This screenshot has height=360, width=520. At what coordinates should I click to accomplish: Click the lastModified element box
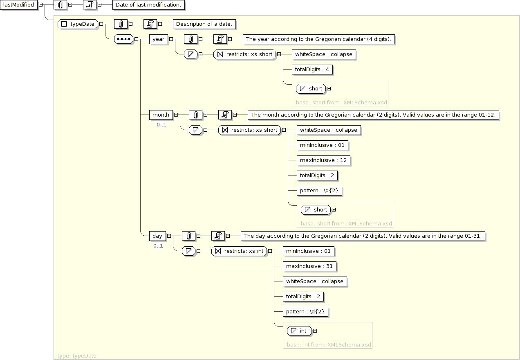pos(18,5)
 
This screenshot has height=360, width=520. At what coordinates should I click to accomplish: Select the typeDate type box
pos(78,24)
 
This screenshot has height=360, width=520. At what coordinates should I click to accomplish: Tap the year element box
pos(158,39)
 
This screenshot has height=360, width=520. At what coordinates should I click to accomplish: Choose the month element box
pos(161,115)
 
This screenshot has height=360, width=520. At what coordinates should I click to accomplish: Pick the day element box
pos(157,236)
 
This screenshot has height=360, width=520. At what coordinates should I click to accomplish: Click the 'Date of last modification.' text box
pos(148,5)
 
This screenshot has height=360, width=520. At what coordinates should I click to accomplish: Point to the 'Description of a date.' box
pos(204,24)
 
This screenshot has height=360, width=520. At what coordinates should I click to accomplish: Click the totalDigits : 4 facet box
pos(312,70)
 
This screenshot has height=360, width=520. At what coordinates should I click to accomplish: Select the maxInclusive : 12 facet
pos(323,160)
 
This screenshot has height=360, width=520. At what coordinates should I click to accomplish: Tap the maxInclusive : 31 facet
pos(309,266)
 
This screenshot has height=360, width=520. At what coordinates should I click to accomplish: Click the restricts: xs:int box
pos(239,251)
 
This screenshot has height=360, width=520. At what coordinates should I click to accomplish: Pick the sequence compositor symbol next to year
pos(123,39)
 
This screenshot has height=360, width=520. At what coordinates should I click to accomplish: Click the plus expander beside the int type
pos(315,331)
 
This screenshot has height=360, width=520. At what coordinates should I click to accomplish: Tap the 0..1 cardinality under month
pos(161,125)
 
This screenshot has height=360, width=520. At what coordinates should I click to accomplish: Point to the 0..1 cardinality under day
pos(158,246)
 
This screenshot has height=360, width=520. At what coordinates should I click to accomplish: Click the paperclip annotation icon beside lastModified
pos(61,5)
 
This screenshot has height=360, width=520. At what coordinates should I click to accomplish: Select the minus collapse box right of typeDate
pos(101,24)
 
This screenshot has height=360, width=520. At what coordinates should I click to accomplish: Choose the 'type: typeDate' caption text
pos(77,356)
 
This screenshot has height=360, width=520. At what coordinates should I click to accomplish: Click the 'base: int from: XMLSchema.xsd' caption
pos(329,345)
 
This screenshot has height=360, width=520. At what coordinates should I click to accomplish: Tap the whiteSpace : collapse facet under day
pos(315,281)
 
